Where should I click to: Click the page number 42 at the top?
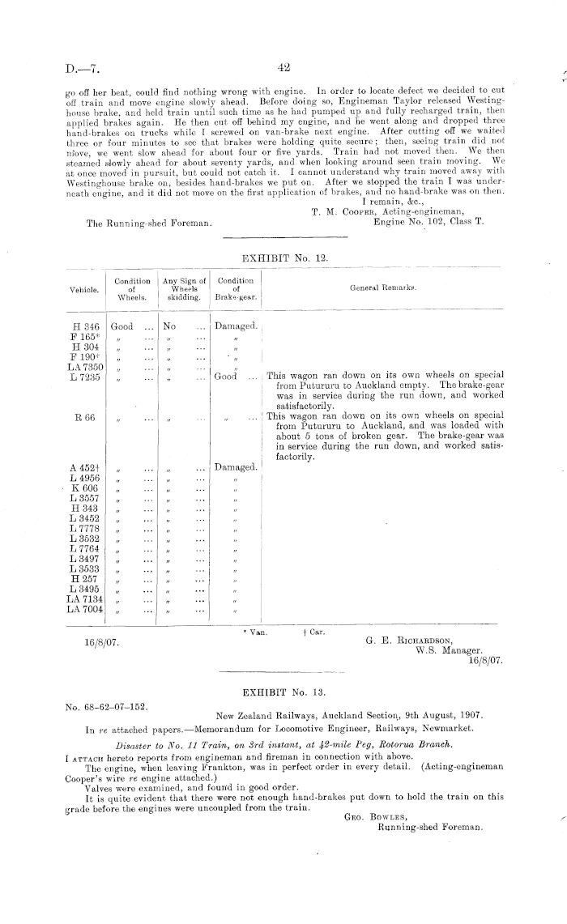pyautogui.click(x=283, y=68)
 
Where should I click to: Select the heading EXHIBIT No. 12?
pyautogui.click(x=283, y=257)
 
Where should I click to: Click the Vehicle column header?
pyautogui.click(x=83, y=289)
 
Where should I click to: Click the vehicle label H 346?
pyautogui.click(x=86, y=326)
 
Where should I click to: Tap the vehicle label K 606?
pyautogui.click(x=86, y=489)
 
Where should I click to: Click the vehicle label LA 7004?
pyautogui.click(x=85, y=610)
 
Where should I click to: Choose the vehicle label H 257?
pyautogui.click(x=85, y=580)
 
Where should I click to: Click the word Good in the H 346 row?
pyautogui.click(x=122, y=326)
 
